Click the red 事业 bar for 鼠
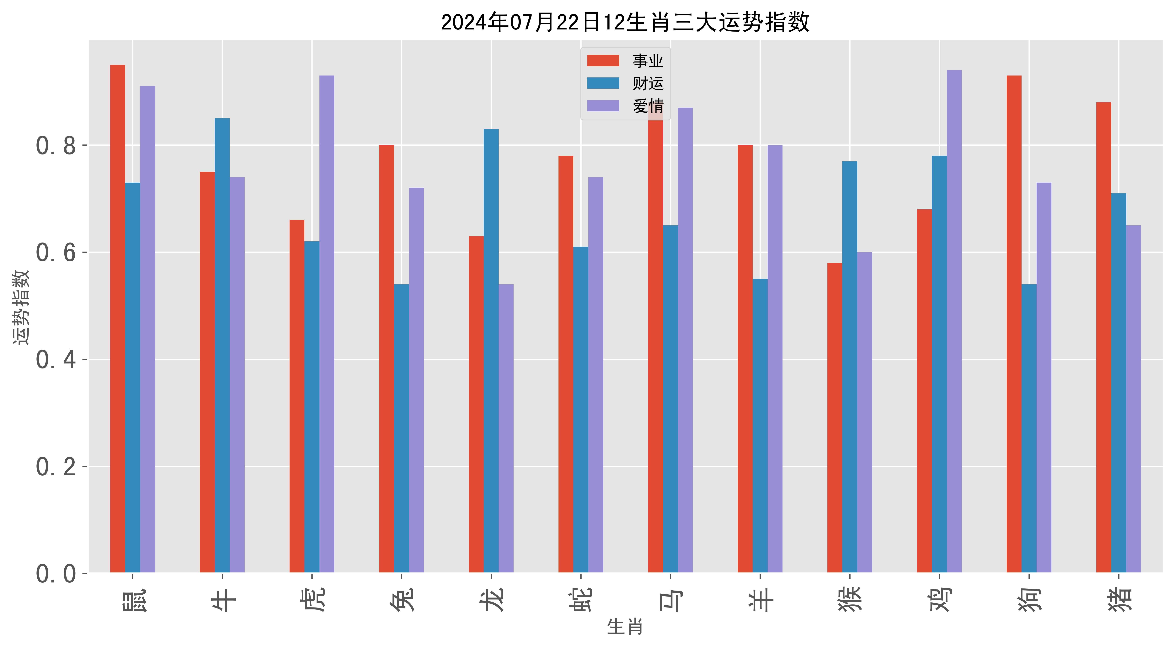(x=118, y=319)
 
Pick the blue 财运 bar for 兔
(x=401, y=428)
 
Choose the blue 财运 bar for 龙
(x=491, y=351)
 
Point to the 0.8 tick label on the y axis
(x=56, y=146)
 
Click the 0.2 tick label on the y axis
(x=56, y=467)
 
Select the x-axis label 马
(x=670, y=599)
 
